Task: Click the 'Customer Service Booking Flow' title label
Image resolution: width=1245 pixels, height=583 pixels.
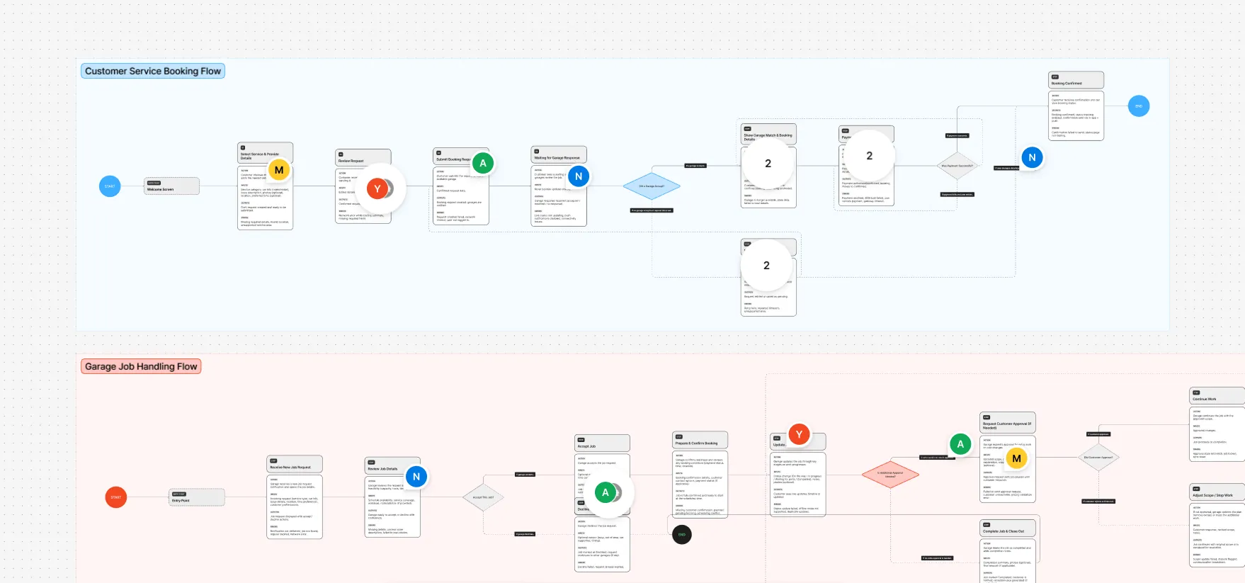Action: tap(153, 72)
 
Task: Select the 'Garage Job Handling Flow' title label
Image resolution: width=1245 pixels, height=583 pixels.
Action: tap(141, 367)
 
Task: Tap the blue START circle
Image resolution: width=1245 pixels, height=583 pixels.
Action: tap(110, 186)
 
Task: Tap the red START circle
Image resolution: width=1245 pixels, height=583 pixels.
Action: tap(116, 497)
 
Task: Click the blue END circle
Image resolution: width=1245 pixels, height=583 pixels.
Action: tap(1139, 106)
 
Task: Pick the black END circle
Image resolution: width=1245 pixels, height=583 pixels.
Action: tap(681, 535)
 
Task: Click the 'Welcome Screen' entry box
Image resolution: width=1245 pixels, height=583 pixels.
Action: tap(171, 186)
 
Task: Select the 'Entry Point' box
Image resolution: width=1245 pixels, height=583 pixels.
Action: tap(197, 498)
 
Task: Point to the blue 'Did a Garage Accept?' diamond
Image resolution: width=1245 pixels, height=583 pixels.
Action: tap(652, 186)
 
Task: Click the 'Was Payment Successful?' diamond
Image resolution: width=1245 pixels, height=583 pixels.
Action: tap(957, 166)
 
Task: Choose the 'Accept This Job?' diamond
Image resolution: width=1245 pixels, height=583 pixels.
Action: tap(483, 497)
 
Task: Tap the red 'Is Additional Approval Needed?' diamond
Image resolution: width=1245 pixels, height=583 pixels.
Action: tap(890, 475)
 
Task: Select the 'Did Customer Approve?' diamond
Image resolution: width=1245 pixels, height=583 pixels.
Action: tap(1098, 458)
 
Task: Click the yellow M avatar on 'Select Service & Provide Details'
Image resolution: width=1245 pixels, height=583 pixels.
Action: tap(279, 170)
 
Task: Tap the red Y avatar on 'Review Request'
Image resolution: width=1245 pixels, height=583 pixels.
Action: tap(377, 188)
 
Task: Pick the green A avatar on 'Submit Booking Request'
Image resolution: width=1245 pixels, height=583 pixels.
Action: tap(483, 163)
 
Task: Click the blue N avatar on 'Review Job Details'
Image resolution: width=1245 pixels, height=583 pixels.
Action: tap(416, 477)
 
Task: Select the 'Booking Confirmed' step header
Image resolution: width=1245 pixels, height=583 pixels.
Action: tap(1076, 81)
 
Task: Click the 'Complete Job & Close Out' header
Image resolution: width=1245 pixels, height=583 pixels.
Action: tap(1008, 528)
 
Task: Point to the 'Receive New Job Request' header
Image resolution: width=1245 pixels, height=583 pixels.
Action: tap(295, 465)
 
